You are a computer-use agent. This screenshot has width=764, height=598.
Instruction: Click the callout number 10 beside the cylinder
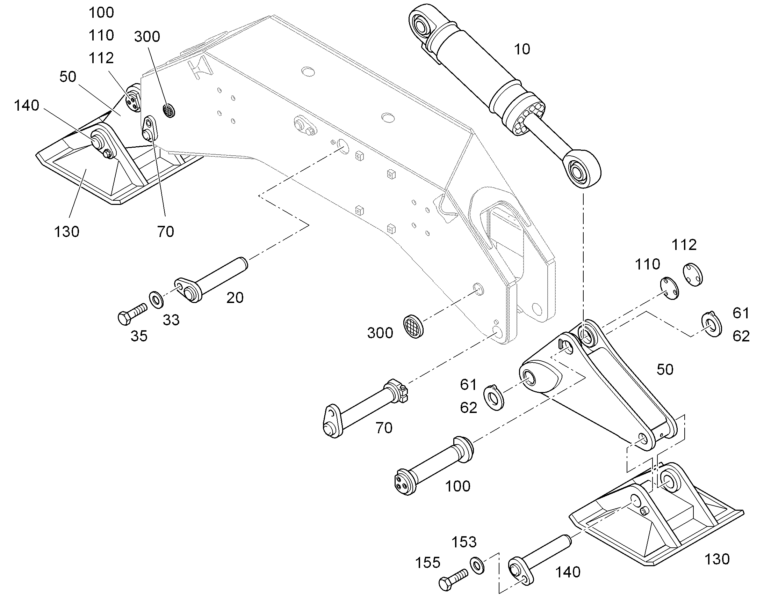[522, 49]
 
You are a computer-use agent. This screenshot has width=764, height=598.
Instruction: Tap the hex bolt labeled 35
[132, 314]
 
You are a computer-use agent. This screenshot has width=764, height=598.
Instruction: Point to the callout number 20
[235, 298]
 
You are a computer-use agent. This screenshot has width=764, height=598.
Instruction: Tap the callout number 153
[464, 542]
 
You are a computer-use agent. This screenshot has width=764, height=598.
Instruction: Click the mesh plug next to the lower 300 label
[413, 326]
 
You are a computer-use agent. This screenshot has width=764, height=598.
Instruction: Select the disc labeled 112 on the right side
[692, 274]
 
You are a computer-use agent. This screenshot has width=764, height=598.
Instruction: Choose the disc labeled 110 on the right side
[669, 288]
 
